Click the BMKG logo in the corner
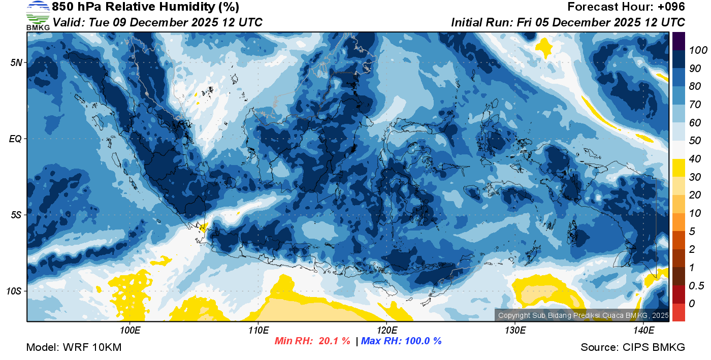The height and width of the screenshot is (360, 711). tap(38, 16)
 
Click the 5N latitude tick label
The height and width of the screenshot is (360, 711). tap(16, 62)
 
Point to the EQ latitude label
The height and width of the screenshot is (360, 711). tap(15, 139)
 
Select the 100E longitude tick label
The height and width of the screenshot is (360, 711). tap(130, 331)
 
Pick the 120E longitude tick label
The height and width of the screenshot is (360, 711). tap(386, 331)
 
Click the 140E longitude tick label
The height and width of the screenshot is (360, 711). tap(643, 331)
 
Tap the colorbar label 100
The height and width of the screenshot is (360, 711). tap(694, 50)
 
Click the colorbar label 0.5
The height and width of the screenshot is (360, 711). tap(695, 285)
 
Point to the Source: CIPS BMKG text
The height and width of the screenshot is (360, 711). tap(633, 347)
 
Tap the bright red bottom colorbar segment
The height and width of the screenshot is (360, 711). tap(678, 312)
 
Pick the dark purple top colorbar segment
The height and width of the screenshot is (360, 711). tap(678, 41)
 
